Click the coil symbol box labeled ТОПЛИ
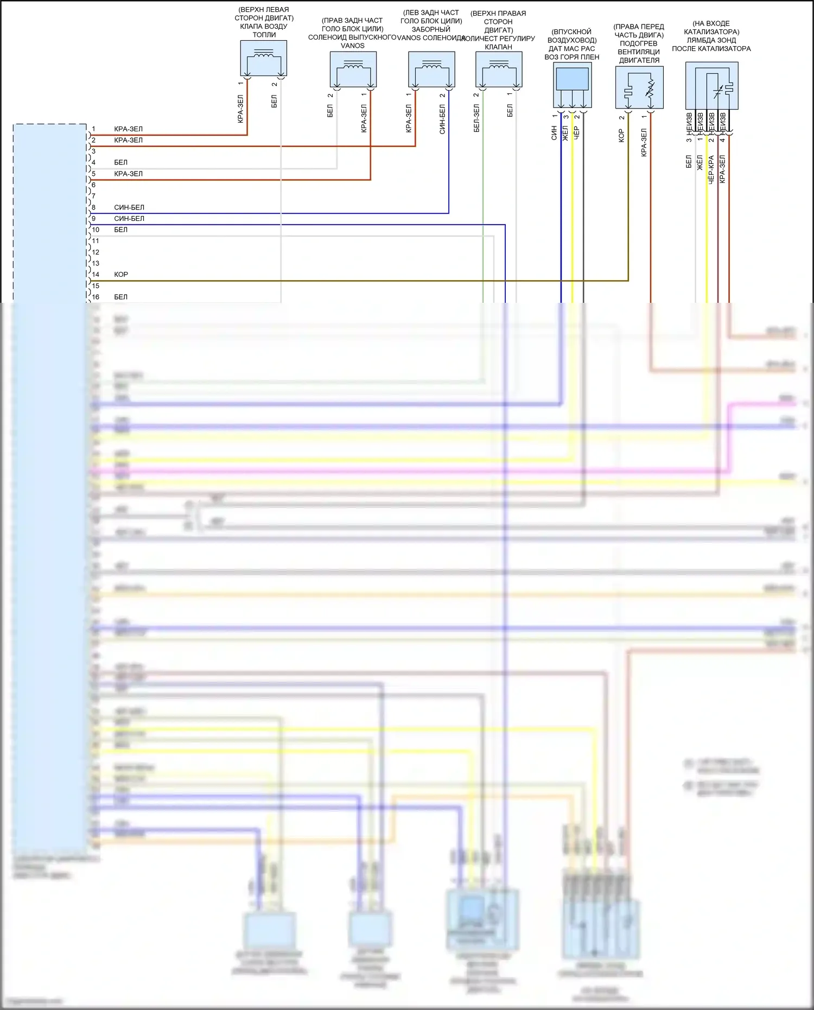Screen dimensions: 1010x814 point(264,58)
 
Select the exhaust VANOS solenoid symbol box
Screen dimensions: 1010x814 point(353,69)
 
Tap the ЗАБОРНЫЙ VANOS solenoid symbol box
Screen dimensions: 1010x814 point(431,69)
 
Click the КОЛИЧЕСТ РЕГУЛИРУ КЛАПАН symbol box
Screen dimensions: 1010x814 point(499,69)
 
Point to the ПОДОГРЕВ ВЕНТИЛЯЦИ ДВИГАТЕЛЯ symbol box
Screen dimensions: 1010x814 point(639,87)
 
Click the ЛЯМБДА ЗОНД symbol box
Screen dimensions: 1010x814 point(711,86)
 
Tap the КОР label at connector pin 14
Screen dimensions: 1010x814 point(121,275)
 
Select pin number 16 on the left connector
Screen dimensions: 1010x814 point(96,297)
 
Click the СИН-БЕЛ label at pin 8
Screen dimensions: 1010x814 point(129,207)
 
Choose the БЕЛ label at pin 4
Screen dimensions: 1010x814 point(120,162)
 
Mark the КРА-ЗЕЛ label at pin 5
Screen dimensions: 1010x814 point(128,174)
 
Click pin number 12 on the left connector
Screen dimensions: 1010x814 point(96,252)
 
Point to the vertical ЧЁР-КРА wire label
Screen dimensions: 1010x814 point(711,169)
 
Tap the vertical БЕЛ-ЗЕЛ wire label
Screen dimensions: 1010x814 point(476,118)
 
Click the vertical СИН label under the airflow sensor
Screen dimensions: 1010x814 point(554,133)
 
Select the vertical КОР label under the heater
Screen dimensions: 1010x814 point(621,136)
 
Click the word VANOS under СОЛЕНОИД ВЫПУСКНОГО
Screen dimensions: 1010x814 point(353,46)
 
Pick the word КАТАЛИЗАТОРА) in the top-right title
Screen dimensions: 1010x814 point(711,32)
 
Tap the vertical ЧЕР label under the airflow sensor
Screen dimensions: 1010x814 point(577,132)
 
